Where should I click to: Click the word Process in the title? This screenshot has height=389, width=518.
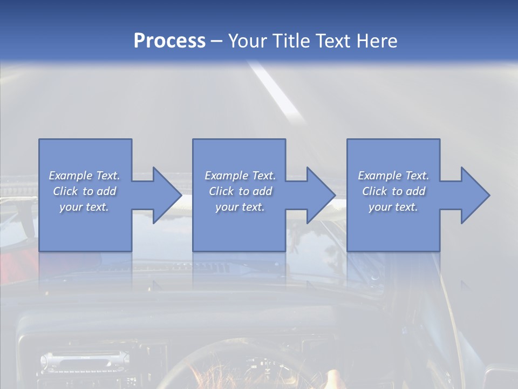pos(169,41)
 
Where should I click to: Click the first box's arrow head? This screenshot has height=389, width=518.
pos(167,195)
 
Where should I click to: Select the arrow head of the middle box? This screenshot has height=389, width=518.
pos(321,195)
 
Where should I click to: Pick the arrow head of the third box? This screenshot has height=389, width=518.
pos(475,195)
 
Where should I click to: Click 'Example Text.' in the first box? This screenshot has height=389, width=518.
pos(84,176)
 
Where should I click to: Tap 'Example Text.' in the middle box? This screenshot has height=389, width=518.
pos(240,176)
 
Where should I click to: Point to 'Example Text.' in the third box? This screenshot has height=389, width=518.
pos(393,176)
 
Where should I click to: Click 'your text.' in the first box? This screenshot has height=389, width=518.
pos(84,207)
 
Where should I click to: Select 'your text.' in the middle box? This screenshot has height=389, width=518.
pos(240,207)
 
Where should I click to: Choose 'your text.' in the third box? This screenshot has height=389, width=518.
pos(393,207)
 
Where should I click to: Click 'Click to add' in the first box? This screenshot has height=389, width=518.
pos(84,191)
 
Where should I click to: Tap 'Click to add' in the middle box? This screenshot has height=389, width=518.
pos(240,191)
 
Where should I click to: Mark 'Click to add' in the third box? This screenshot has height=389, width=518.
pos(393,191)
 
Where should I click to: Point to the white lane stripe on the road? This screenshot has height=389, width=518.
pos(275,89)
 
